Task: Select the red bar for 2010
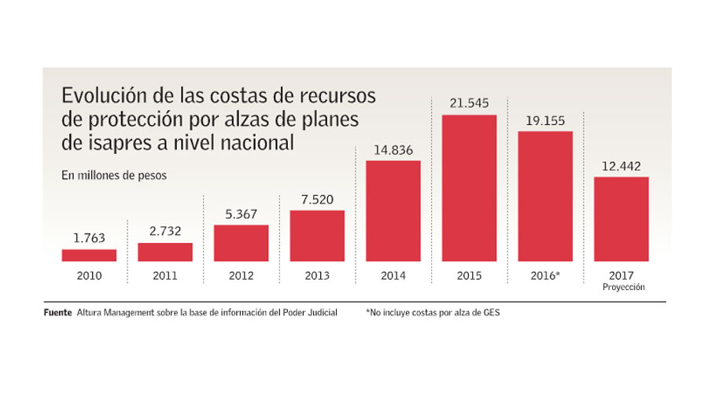89,255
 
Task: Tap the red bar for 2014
393,211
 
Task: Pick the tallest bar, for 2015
470,188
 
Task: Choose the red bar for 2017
621,219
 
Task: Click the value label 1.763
89,238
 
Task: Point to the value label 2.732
165,232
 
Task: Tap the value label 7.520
317,199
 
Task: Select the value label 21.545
470,103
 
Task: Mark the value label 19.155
545,119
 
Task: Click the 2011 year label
165,276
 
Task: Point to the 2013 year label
317,276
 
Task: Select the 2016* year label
546,276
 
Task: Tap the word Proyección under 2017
621,288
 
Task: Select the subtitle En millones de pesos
114,176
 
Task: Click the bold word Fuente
57,313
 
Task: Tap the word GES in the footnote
491,313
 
